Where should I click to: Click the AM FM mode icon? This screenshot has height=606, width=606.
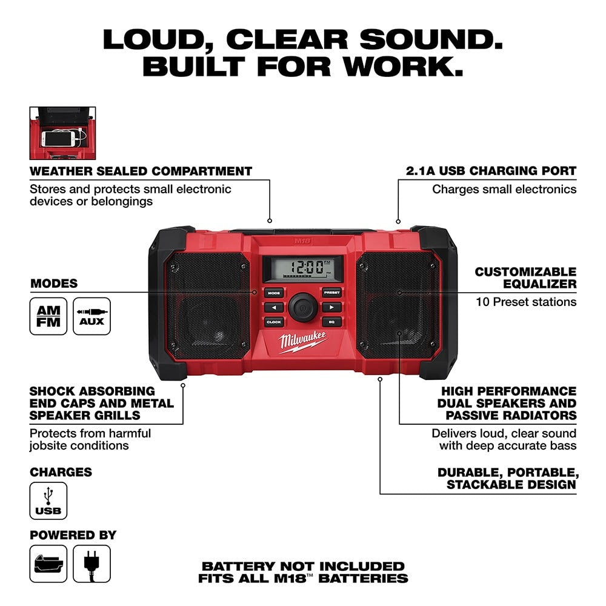click(48, 316)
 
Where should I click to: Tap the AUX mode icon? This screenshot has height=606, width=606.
click(92, 316)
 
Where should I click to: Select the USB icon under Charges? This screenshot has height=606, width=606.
click(48, 501)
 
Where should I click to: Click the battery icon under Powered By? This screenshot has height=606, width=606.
click(48, 564)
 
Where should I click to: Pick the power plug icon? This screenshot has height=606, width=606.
click(92, 564)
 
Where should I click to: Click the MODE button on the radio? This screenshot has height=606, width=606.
click(274, 293)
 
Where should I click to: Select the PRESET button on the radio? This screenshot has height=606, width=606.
click(331, 293)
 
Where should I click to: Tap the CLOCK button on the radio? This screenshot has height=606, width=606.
click(274, 322)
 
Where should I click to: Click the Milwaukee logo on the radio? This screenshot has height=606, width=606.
click(303, 344)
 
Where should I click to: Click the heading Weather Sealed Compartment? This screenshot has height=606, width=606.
click(141, 171)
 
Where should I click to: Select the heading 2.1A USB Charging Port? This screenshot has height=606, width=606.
click(491, 171)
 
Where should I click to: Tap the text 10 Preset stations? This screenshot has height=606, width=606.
click(525, 302)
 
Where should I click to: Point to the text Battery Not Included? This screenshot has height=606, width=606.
click(303, 566)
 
